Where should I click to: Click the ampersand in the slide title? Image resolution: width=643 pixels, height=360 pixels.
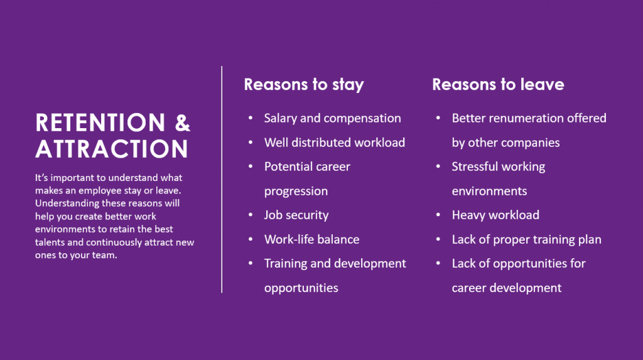[x=183, y=123]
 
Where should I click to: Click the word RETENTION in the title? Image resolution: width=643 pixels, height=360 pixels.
[x=100, y=123]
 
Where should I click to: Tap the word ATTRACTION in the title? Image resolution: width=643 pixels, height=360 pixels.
[x=112, y=149]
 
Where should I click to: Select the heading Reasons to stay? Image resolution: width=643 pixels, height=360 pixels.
[x=304, y=85]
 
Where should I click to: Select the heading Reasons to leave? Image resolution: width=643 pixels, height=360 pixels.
[x=498, y=84]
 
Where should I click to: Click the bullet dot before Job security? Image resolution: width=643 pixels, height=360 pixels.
[x=251, y=215]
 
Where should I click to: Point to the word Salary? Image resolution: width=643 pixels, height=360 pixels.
[x=281, y=119]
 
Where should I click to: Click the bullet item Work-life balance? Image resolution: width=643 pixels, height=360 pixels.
[x=311, y=239]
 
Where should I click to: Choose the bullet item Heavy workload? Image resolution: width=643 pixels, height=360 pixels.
[x=495, y=215]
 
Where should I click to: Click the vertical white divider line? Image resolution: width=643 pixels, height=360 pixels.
[x=222, y=180]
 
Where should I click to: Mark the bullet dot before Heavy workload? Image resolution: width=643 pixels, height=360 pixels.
[x=438, y=215]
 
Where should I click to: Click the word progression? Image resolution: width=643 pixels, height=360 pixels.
[x=296, y=191]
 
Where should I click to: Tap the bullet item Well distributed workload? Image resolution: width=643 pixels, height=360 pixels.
[x=335, y=143]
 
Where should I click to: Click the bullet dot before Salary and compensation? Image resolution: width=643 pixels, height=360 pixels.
[x=251, y=118]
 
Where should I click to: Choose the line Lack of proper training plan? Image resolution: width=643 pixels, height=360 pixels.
[x=527, y=240]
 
